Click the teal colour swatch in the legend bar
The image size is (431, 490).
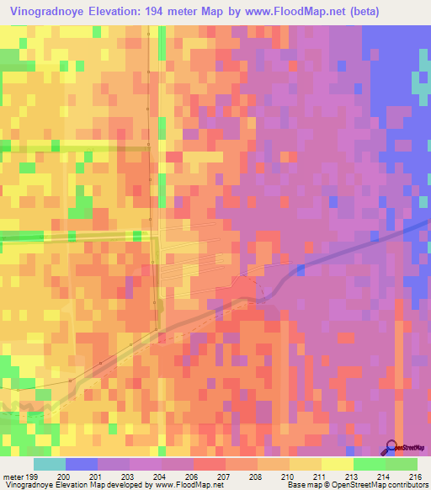point(49,464)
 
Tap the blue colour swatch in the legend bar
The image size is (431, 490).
point(82,464)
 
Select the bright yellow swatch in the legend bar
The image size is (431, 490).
point(337,464)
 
